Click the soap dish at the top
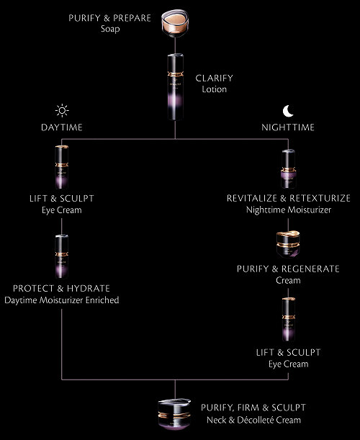[175, 23]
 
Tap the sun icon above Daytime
[62, 111]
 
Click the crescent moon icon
[288, 111]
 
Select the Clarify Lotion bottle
[176, 87]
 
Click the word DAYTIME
[62, 127]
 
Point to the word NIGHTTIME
[288, 127]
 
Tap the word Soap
[110, 29]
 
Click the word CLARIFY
[214, 78]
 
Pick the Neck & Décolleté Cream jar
[174, 414]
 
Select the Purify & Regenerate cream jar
[288, 243]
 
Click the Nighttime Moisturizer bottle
[288, 169]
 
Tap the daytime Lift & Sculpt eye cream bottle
[62, 167]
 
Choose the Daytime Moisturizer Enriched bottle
[62, 256]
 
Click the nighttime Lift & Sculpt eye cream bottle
[289, 319]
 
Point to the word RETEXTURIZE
[320, 198]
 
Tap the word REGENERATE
[310, 269]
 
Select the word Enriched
[102, 300]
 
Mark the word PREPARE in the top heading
[132, 18]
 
